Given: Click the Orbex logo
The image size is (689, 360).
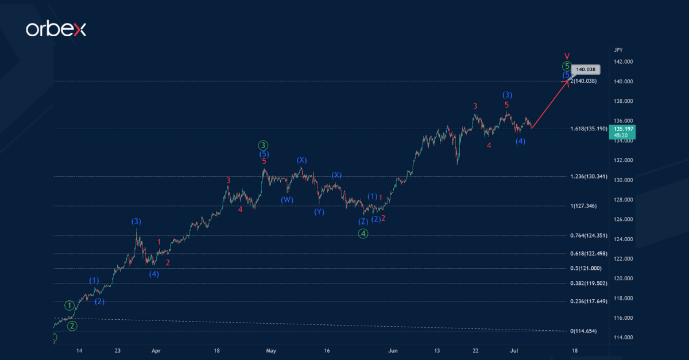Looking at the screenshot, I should [56, 29].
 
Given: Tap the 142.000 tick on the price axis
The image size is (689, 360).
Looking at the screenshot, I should [623, 61].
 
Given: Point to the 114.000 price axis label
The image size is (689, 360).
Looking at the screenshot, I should [623, 337].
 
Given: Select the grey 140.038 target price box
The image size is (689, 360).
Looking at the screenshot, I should [586, 69].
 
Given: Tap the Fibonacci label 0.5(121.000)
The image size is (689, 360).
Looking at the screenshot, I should [586, 268].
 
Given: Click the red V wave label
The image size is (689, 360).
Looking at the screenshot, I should [567, 56].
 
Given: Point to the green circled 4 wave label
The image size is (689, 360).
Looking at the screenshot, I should [363, 233].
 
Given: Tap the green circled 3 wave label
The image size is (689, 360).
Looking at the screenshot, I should [263, 145].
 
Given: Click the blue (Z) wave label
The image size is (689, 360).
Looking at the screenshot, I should [363, 222].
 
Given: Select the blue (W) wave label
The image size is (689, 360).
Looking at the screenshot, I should [287, 200].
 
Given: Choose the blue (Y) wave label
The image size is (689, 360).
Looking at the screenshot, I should [319, 212].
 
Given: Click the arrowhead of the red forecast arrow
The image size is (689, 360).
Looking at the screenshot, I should [568, 81].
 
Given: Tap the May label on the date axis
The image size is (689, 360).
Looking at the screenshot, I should [272, 350].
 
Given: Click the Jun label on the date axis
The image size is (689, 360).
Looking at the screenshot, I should [393, 350].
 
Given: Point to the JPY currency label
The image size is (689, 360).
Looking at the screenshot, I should [618, 50].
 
